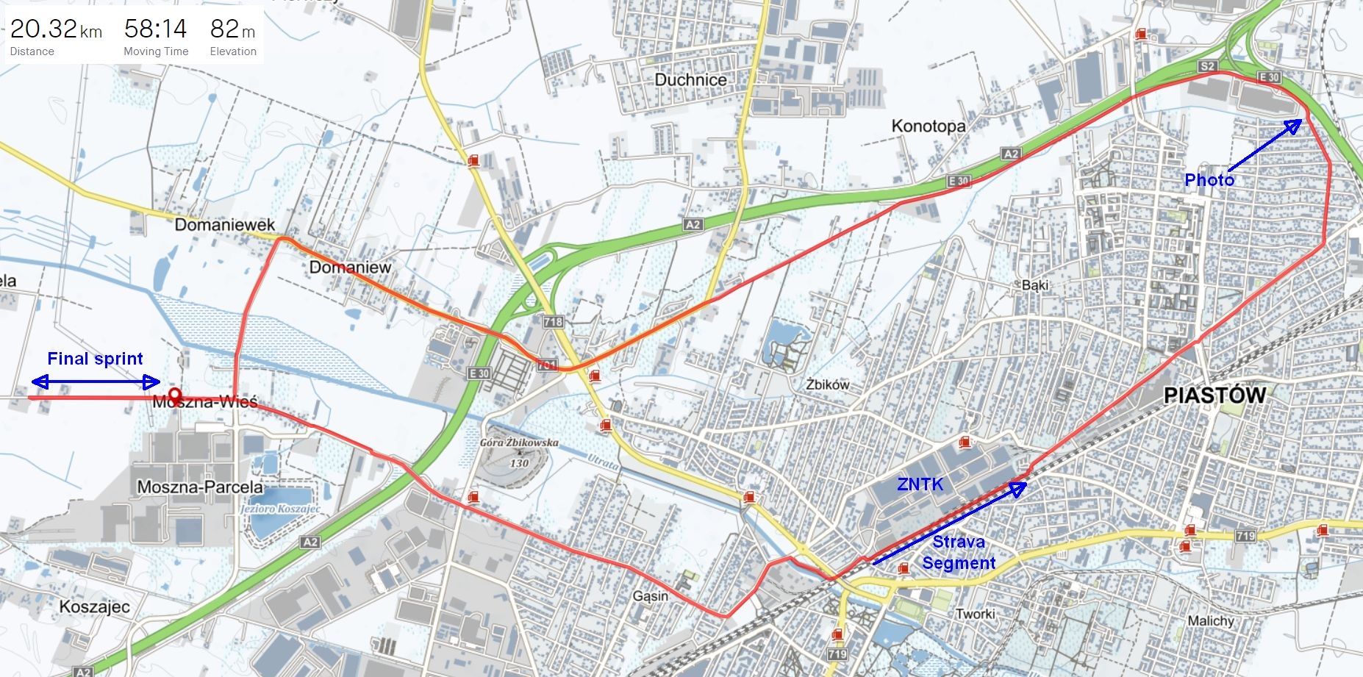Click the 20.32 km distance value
point(56,29)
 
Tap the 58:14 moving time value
point(155,29)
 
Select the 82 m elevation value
point(232,29)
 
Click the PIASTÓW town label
point(1214,395)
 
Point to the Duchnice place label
point(690,79)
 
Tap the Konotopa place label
point(928,126)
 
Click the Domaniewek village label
point(224,224)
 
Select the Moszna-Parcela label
point(199,487)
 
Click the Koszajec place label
point(94,607)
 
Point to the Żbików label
point(827,384)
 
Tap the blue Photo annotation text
point(1209,180)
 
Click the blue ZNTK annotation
point(920,484)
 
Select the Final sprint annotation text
point(95,359)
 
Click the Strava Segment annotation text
point(958,553)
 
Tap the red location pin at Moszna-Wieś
point(174,395)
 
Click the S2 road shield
point(1207,66)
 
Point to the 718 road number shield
point(553,321)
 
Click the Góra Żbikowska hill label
point(519,443)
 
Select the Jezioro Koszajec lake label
point(280,509)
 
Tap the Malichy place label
point(1211,621)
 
